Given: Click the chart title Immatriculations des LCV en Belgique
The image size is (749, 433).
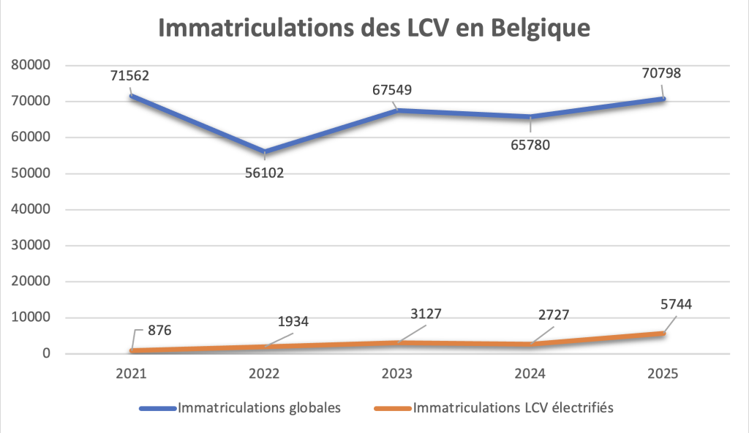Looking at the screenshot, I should coord(374,29).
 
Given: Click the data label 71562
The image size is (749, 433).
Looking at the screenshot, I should coord(131,75).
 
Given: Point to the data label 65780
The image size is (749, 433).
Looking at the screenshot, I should coord(528,144).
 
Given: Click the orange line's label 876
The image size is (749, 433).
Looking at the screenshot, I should coord(158,331).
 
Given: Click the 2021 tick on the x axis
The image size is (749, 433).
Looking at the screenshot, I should coord(132,374).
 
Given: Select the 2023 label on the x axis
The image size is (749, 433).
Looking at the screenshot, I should coord(397,374).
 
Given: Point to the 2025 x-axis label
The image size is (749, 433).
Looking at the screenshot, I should coord(663,374).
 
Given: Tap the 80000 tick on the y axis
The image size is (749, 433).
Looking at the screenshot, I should coord(31,65).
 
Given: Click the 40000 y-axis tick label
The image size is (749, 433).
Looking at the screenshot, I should coord(31,209).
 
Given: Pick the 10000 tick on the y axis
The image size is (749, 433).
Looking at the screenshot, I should coord(31,317).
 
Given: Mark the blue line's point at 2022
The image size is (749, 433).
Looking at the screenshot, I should coord(264,152).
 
